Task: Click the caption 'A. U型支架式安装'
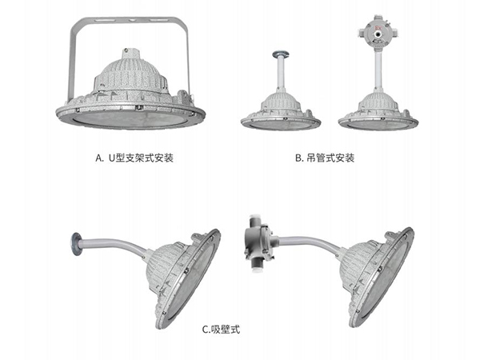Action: click(134, 158)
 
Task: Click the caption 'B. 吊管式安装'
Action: click(325, 158)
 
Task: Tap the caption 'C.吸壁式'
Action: click(221, 330)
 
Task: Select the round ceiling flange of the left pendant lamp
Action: click(281, 54)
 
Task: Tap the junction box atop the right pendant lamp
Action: click(378, 31)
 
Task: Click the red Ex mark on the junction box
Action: click(378, 28)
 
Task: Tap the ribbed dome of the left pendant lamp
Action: click(281, 102)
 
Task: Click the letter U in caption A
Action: click(111, 158)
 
